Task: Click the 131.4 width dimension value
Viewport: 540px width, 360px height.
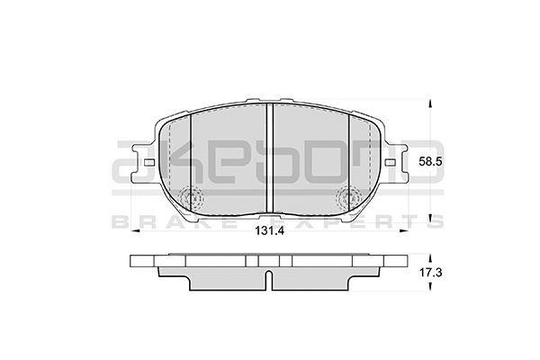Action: pyautogui.click(x=269, y=230)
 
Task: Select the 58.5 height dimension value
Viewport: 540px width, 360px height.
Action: pyautogui.click(x=430, y=162)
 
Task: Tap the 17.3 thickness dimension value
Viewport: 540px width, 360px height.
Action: pyautogui.click(x=430, y=274)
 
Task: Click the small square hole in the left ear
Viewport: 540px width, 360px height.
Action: pyautogui.click(x=149, y=162)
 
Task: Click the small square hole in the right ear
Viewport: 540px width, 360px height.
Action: pyautogui.click(x=390, y=162)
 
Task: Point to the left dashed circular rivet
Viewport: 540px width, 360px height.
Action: pyautogui.click(x=193, y=197)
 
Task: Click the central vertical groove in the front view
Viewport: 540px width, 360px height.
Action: pyautogui.click(x=270, y=157)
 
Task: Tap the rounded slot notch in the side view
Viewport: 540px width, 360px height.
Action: pyautogui.click(x=270, y=280)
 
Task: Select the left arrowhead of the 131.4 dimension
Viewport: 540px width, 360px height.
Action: pyautogui.click(x=135, y=230)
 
